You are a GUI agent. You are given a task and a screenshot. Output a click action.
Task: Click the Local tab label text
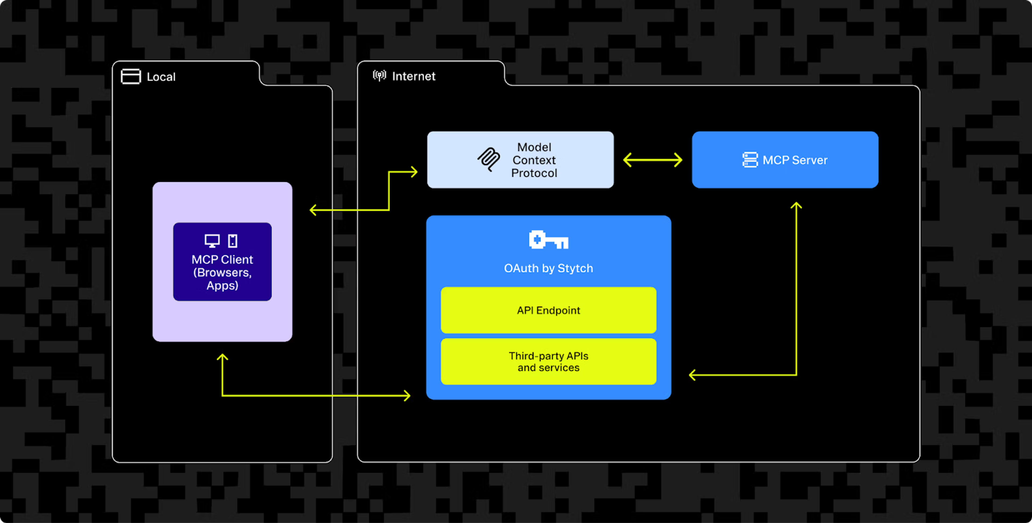pyautogui.click(x=161, y=77)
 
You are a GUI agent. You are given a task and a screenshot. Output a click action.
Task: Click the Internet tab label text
pyautogui.click(x=413, y=76)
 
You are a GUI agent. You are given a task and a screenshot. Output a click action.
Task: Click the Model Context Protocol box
pyautogui.click(x=520, y=159)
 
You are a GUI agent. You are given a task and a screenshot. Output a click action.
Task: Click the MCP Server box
pyautogui.click(x=785, y=159)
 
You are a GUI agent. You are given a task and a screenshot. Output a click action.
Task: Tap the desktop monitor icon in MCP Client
pyautogui.click(x=212, y=241)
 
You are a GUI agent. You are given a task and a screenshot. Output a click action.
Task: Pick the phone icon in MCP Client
pyautogui.click(x=233, y=241)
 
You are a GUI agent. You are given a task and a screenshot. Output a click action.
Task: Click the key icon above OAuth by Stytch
pyautogui.click(x=549, y=240)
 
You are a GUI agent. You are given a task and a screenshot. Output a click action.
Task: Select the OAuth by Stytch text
pyautogui.click(x=549, y=268)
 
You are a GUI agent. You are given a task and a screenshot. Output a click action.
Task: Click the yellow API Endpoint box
pyautogui.click(x=549, y=310)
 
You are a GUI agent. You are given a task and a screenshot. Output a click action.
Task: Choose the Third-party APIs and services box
pyautogui.click(x=549, y=361)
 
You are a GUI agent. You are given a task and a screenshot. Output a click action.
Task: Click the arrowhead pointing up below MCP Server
pyautogui.click(x=796, y=205)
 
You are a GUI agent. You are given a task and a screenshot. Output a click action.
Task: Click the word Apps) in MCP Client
pyautogui.click(x=222, y=285)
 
